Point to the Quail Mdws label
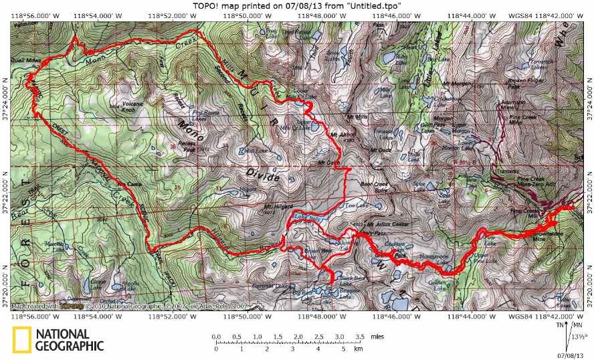point(23,60)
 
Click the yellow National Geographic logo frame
point(21,339)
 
